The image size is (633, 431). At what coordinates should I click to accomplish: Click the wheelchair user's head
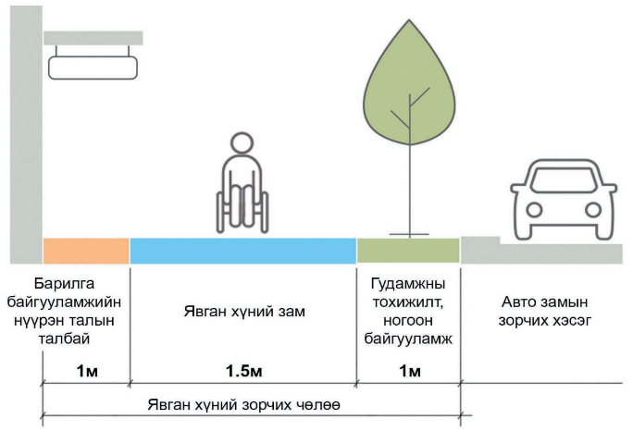point(241,145)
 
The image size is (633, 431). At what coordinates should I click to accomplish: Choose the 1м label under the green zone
point(408,371)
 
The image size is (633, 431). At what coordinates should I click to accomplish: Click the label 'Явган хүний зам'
point(243,312)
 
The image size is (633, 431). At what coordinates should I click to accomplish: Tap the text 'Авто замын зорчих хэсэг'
point(545,311)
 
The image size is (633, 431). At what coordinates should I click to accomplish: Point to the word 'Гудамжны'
point(408,283)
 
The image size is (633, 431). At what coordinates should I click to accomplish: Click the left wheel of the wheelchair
point(222,208)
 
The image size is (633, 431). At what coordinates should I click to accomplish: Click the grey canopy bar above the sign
point(93,37)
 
